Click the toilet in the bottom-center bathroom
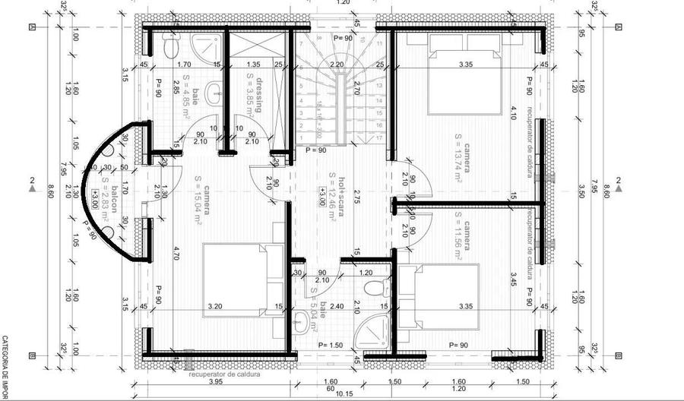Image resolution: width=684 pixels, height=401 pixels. click(x=372, y=288)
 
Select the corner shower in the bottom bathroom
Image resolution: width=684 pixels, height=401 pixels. click(x=374, y=332)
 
